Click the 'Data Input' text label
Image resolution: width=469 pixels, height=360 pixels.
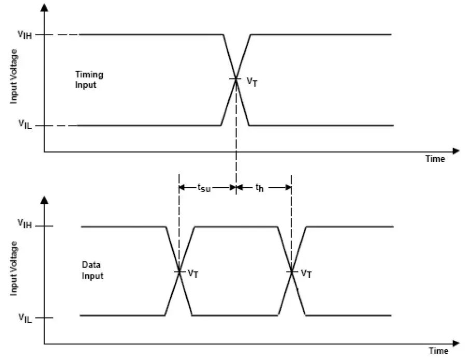(x=92, y=271)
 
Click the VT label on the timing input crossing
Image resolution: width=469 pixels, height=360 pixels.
(x=251, y=81)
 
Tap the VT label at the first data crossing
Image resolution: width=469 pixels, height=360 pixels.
(x=193, y=273)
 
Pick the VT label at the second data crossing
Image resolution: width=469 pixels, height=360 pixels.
(x=307, y=273)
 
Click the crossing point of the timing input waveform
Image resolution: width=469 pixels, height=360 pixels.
(x=236, y=79)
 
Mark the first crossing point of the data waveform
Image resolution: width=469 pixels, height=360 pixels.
(x=179, y=271)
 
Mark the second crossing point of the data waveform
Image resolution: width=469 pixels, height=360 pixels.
(x=292, y=271)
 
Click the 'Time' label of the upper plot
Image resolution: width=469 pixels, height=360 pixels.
(x=435, y=159)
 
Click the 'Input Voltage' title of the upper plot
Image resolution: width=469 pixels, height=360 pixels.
(x=15, y=76)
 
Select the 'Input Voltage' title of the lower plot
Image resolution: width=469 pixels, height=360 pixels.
(x=15, y=268)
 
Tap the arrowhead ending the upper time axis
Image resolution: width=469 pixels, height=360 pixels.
(x=456, y=151)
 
